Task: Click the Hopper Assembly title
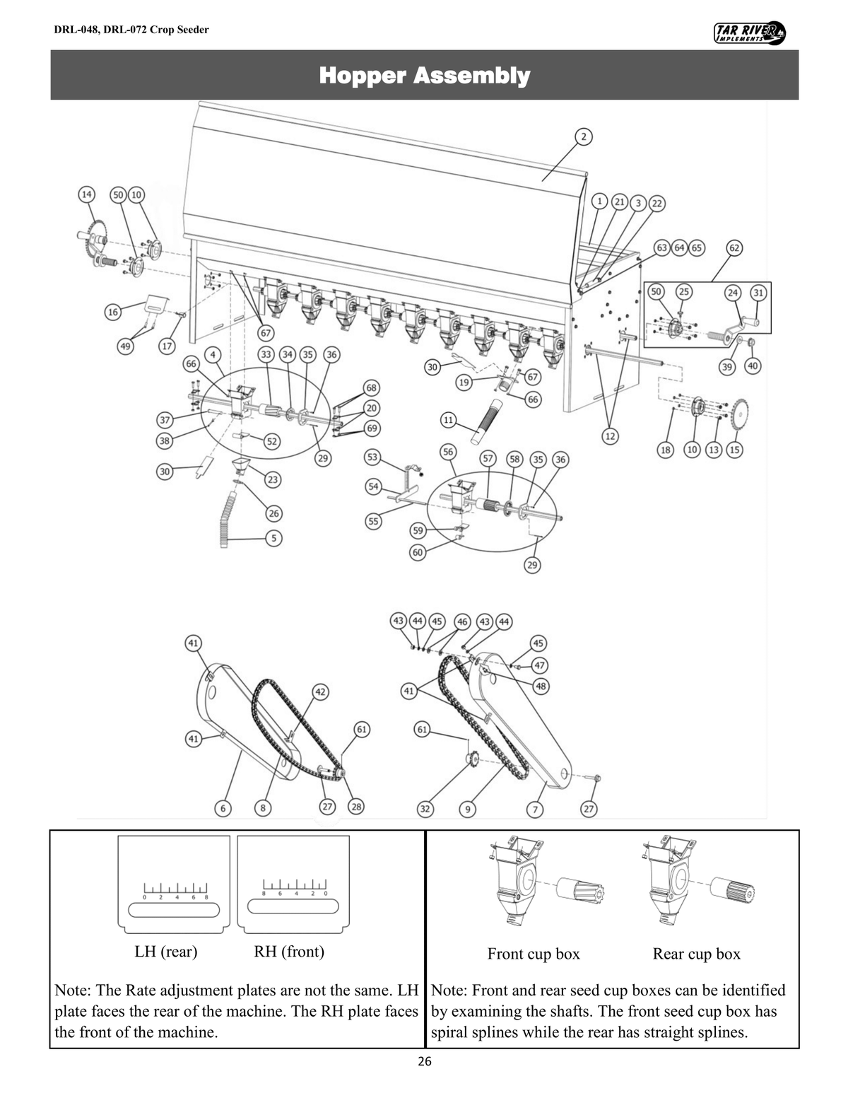tap(424, 75)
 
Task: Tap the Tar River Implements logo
tap(750, 32)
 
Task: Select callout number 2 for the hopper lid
tap(584, 136)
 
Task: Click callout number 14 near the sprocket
tap(86, 194)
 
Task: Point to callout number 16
tap(112, 312)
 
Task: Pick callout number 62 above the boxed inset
tap(735, 248)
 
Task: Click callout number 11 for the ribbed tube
tap(448, 420)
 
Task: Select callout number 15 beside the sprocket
tap(735, 450)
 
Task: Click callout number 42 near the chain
tap(320, 691)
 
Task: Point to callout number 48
tap(542, 686)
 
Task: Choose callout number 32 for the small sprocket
tap(425, 808)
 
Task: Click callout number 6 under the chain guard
tap(223, 808)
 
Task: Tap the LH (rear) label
tap(166, 952)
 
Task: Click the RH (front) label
tap(289, 952)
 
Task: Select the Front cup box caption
tap(534, 954)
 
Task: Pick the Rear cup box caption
tap(696, 954)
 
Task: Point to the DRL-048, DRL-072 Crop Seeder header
tap(131, 30)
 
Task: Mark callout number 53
tap(372, 457)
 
